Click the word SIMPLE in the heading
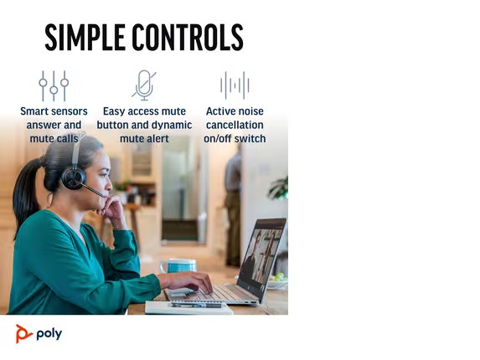[85, 38]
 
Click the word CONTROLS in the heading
[188, 38]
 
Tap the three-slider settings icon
[54, 86]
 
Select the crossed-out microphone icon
[144, 85]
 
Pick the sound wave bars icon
[235, 85]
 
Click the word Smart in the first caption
[33, 111]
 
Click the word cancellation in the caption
[235, 125]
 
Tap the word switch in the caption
[250, 138]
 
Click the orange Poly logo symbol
[23, 334]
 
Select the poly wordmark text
[49, 334]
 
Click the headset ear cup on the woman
[73, 177]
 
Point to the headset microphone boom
[93, 190]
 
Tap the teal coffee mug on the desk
[178, 265]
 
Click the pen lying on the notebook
[196, 305]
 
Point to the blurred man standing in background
[233, 206]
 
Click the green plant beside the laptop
[279, 188]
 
